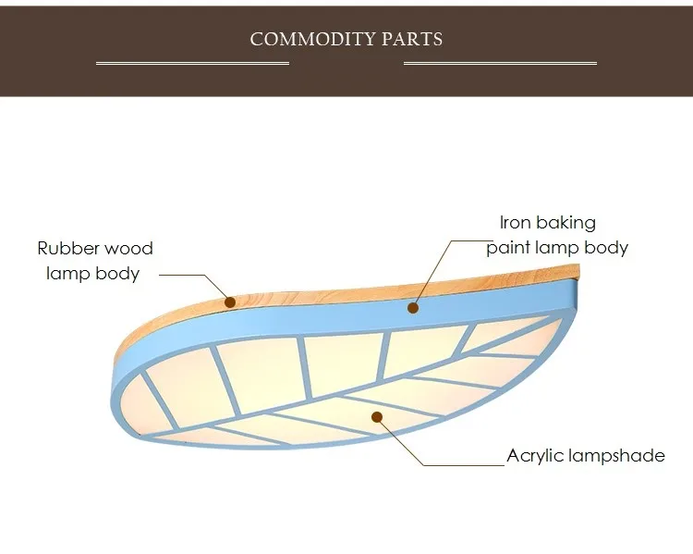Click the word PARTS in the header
point(412,40)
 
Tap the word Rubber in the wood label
point(67,248)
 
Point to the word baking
point(565,224)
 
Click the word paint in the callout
point(508,248)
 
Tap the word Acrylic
point(535,456)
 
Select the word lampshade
point(616,455)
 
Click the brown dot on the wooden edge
point(230,302)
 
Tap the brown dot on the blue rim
point(413,308)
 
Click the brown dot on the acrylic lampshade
point(377,417)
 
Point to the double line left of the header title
point(193,63)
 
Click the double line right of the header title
point(500,63)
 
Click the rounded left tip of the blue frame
point(114,399)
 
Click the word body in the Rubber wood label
point(117,274)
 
